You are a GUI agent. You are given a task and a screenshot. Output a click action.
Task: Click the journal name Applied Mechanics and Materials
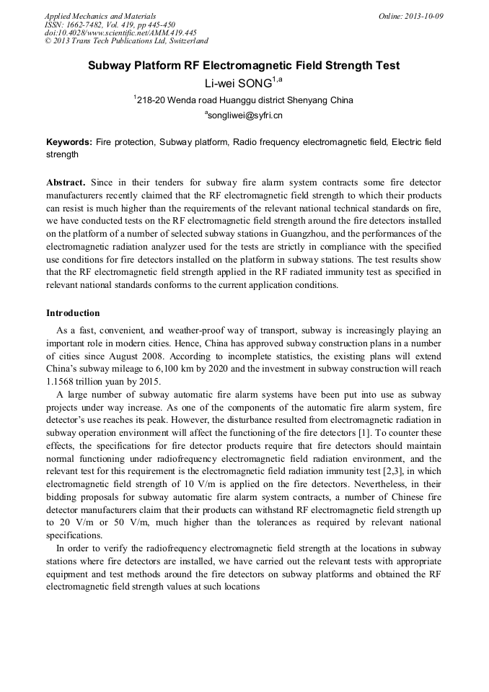(x=100, y=16)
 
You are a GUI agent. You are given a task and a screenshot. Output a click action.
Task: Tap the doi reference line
(x=120, y=32)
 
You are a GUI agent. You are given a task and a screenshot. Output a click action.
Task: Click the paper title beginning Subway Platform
(x=244, y=66)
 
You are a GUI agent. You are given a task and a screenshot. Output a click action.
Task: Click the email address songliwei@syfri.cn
(x=244, y=115)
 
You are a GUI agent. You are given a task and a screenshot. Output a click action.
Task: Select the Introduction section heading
(x=73, y=313)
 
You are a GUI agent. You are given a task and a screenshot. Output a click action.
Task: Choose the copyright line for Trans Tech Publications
(x=126, y=41)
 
